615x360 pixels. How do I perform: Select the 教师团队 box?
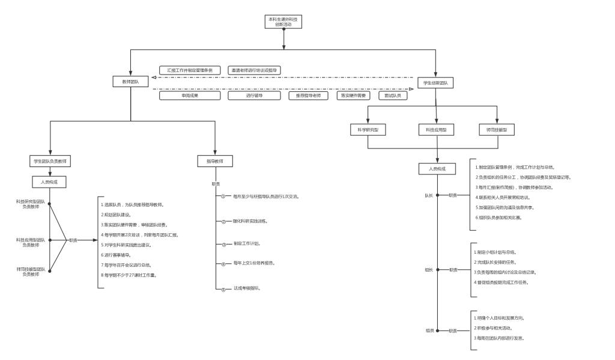(130, 82)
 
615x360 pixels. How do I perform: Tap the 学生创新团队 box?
(438, 82)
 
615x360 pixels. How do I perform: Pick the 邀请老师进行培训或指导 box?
(255, 70)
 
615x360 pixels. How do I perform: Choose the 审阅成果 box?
(190, 96)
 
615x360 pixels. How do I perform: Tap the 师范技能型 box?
(497, 130)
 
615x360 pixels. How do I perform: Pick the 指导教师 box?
(214, 161)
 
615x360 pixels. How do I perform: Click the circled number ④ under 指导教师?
(222, 264)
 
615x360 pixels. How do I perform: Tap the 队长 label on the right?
(429, 195)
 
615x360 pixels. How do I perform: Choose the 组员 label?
(430, 331)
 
